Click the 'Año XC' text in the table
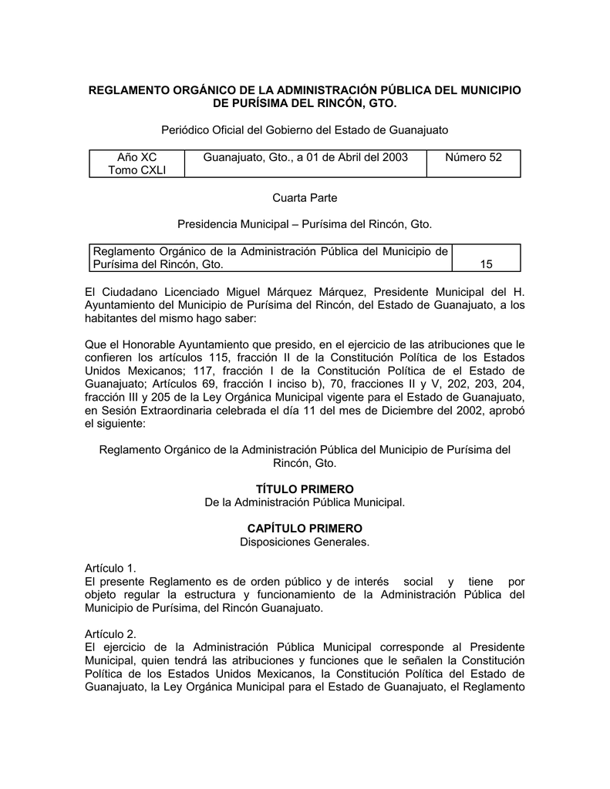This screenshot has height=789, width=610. pyautogui.click(x=136, y=157)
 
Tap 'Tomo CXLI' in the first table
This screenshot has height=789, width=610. pyautogui.click(x=136, y=170)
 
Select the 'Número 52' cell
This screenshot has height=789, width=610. pyautogui.click(x=473, y=157)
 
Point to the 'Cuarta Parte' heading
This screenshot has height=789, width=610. pyautogui.click(x=305, y=199)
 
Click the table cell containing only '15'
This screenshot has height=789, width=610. pyautogui.click(x=486, y=264)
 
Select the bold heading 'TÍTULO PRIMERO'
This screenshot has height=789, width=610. pyautogui.click(x=305, y=489)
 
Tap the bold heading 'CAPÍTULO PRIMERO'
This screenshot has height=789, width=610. pyautogui.click(x=305, y=529)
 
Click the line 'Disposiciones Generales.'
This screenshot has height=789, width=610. pyautogui.click(x=305, y=542)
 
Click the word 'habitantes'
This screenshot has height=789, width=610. pyautogui.click(x=113, y=318)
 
